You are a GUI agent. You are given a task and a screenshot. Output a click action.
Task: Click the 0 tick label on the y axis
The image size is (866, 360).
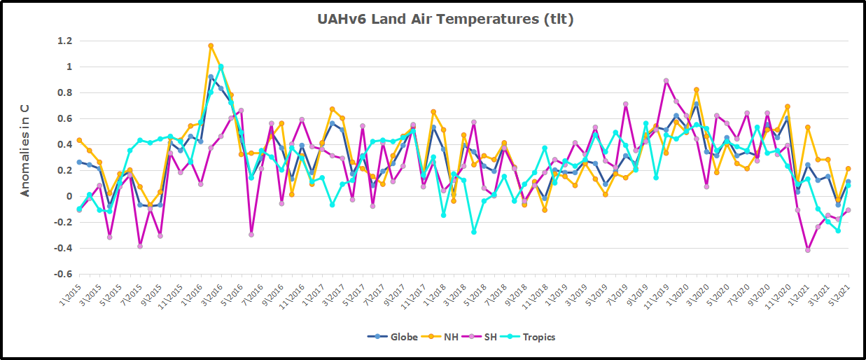tap(69, 197)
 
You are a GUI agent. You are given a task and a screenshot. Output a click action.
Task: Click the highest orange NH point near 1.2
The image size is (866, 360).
tap(211, 46)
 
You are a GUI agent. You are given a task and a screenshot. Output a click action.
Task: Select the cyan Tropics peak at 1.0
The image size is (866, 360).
tap(221, 67)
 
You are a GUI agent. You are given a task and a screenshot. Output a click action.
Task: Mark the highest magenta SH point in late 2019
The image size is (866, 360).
tap(666, 81)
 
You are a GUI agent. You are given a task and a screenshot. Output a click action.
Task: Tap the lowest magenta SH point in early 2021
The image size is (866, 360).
tap(807, 250)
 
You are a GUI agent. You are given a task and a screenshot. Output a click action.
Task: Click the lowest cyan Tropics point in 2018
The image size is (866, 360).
tap(474, 232)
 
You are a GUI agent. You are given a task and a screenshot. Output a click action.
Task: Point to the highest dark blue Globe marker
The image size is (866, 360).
tap(211, 77)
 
